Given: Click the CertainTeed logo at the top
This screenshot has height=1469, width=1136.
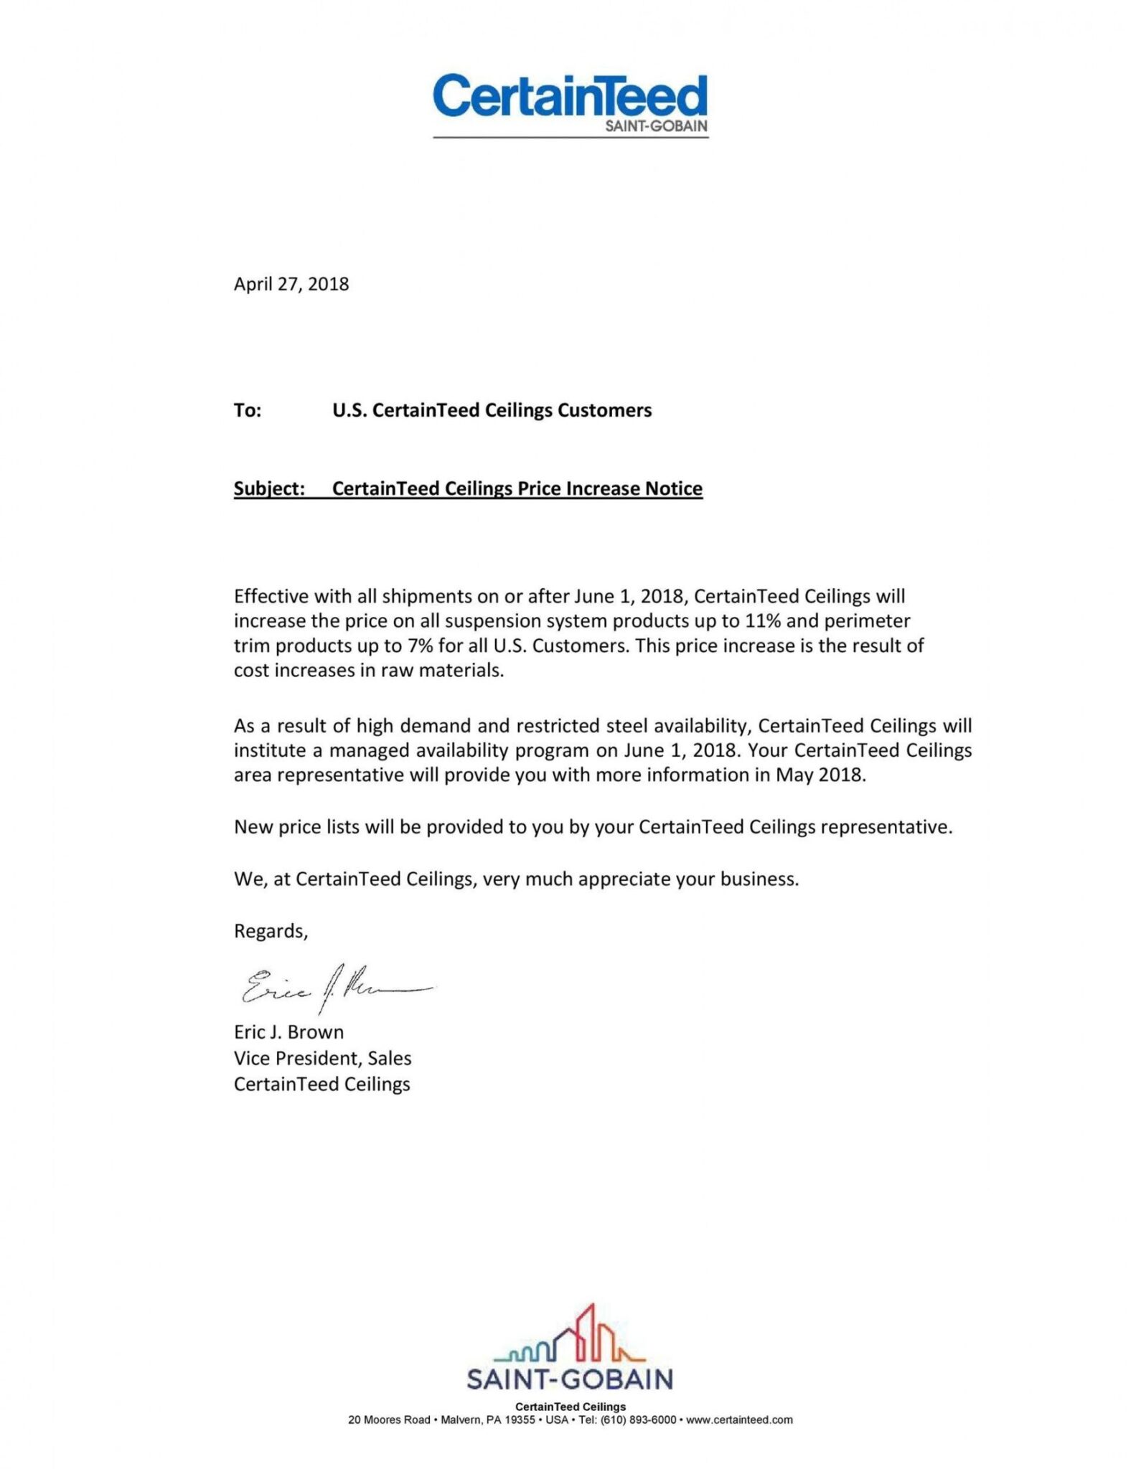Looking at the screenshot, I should (x=570, y=96).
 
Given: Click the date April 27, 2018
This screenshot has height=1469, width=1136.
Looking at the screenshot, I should (x=291, y=284).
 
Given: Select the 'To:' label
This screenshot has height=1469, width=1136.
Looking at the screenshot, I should (x=248, y=410).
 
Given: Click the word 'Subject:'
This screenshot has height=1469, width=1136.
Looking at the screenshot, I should (x=269, y=488).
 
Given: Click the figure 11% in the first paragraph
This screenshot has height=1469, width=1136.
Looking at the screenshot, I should (x=763, y=620).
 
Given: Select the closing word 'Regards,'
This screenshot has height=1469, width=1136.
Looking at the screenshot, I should (x=271, y=931).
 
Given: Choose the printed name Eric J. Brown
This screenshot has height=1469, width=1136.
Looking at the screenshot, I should (x=288, y=1031).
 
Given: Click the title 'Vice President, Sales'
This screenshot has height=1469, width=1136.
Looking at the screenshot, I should (x=322, y=1058).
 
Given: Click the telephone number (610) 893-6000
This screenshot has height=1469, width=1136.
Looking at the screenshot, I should (x=638, y=1420).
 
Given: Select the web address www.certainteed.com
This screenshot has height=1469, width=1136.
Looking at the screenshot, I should (x=739, y=1420).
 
